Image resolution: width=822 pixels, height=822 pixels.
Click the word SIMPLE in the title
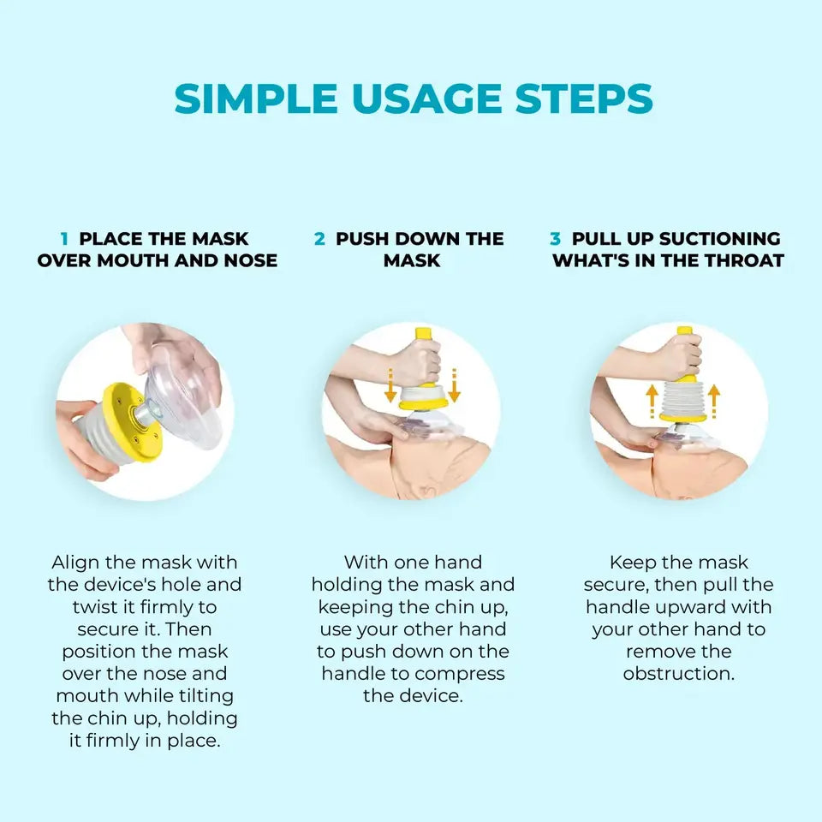tap(256, 98)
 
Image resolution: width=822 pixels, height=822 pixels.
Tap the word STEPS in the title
tap(584, 98)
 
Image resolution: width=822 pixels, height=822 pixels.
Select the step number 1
tap(64, 239)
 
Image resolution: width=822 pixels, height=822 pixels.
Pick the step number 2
tap(319, 239)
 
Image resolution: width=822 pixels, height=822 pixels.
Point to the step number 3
tap(555, 239)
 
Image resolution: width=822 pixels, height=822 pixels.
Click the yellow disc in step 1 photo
tap(131, 422)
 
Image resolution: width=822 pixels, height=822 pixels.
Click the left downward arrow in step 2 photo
tap(390, 385)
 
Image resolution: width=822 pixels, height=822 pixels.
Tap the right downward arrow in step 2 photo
tap(454, 385)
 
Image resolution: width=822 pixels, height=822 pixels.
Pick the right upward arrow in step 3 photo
tap(713, 402)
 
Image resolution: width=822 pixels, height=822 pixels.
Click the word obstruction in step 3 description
tap(679, 674)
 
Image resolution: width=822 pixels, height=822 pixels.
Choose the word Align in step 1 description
tap(75, 563)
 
